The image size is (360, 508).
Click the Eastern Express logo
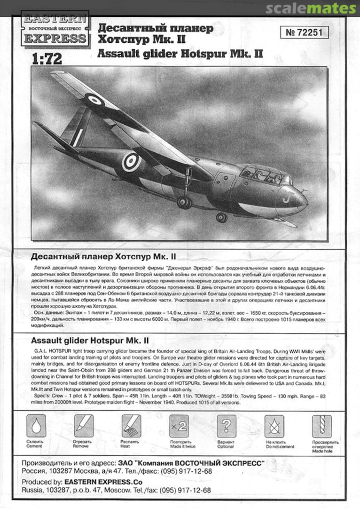[55, 29]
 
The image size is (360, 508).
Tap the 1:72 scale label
[47, 59]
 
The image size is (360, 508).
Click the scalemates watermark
[310, 8]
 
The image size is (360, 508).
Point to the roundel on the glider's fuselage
[131, 161]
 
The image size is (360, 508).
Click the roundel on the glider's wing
[94, 100]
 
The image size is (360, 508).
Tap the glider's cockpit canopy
[266, 175]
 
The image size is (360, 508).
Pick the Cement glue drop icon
[36, 426]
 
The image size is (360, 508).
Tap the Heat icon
[131, 426]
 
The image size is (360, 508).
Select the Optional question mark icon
[226, 426]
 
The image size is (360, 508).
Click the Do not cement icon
[274, 426]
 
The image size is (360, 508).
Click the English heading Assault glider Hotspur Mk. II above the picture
[180, 54]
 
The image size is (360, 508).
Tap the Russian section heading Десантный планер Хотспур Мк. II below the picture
[103, 256]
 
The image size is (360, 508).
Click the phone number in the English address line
[185, 490]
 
